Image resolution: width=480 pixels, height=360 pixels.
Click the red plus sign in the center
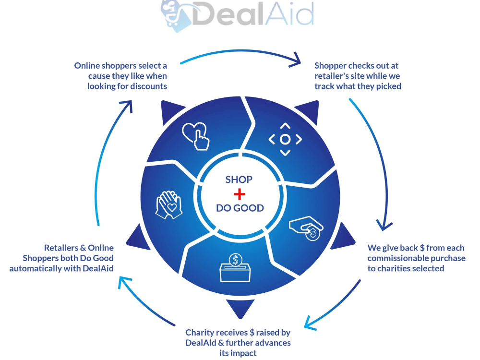pyautogui.click(x=240, y=194)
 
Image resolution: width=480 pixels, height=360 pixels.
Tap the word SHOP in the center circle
pyautogui.click(x=239, y=180)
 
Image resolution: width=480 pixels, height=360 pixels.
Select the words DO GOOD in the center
pyautogui.click(x=240, y=208)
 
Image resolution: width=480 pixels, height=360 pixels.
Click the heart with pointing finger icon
pyautogui.click(x=196, y=136)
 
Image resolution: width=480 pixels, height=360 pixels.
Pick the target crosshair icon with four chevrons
pyautogui.click(x=285, y=139)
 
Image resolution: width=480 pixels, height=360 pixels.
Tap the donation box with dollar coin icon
pyautogui.click(x=235, y=267)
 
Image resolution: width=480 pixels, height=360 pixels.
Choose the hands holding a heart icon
pyautogui.click(x=169, y=204)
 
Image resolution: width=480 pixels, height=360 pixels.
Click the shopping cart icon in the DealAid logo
pyautogui.click(x=171, y=14)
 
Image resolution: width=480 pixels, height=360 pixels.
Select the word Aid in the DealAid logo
pyautogui.click(x=289, y=13)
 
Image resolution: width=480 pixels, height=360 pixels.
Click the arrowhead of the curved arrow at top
pyautogui.click(x=295, y=60)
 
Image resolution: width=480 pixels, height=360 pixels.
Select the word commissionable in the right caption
pyautogui.click(x=401, y=258)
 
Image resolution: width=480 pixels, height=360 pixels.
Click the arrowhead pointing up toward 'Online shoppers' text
pyautogui.click(x=127, y=106)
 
